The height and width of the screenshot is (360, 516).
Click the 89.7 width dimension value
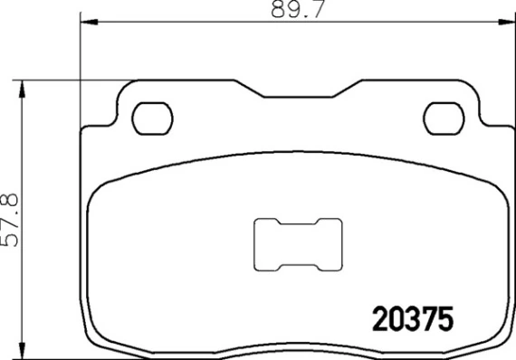(x=298, y=9)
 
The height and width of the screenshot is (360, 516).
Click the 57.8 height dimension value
(x=10, y=220)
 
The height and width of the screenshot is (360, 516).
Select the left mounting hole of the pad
(x=152, y=118)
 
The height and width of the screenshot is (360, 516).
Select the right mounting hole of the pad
(x=444, y=118)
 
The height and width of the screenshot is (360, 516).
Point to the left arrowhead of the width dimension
(x=90, y=22)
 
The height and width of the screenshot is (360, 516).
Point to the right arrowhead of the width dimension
(x=506, y=22)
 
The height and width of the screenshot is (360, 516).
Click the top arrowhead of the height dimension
(x=22, y=90)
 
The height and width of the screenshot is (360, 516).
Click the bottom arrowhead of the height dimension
(x=22, y=350)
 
